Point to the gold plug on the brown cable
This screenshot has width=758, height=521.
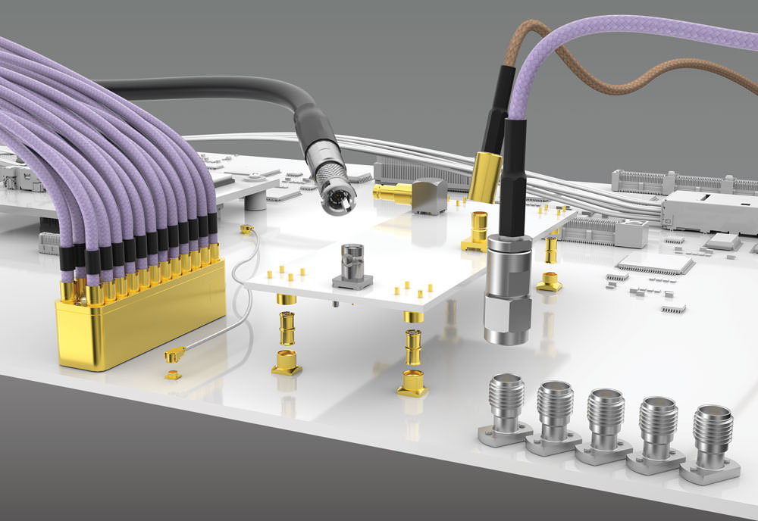pyautogui.click(x=484, y=176)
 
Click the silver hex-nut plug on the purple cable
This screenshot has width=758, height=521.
pyautogui.click(x=506, y=288)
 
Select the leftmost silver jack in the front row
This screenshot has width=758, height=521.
pyautogui.click(x=506, y=413)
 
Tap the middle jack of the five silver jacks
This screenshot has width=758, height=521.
pyautogui.click(x=604, y=424)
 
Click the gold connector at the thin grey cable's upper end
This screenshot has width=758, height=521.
pyautogui.click(x=246, y=228)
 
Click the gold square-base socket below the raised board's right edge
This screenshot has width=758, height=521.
pyautogui.click(x=550, y=282)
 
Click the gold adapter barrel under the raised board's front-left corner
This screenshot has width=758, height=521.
pyautogui.click(x=289, y=328)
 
